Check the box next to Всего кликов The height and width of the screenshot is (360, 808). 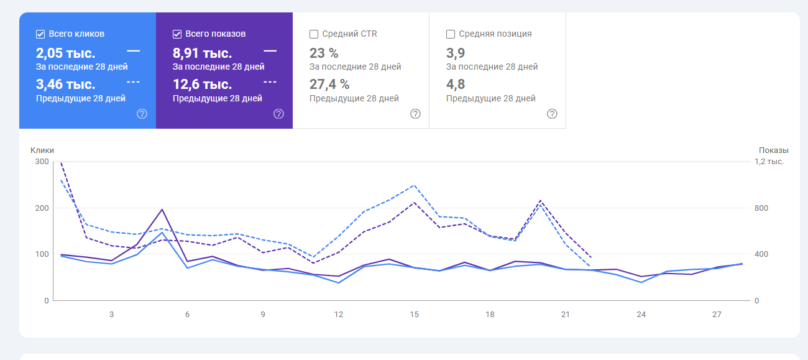tap(40, 34)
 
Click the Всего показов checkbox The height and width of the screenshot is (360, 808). tap(177, 34)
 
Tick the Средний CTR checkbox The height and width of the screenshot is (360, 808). tap(314, 34)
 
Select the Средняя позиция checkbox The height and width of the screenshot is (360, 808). tap(451, 34)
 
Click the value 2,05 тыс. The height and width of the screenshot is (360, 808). tap(65, 53)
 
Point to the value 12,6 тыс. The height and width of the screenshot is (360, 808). tap(202, 85)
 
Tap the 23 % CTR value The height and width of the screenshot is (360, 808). tap(323, 53)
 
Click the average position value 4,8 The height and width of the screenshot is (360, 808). tap(456, 85)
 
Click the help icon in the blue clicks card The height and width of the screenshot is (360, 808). tap(142, 114)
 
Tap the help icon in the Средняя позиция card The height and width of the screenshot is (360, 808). tap(552, 114)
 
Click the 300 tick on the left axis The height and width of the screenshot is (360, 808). tap(42, 162)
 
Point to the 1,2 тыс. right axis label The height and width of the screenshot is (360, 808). tap(769, 162)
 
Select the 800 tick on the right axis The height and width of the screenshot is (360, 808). tap(761, 208)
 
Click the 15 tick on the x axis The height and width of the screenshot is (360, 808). tap(414, 315)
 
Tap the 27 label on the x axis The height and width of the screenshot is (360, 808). tap(717, 315)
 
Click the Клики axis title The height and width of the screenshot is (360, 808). tap(42, 150)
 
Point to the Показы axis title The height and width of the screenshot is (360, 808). tap(773, 150)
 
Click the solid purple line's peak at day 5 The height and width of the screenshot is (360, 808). tap(162, 210)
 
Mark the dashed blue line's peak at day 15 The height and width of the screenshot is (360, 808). tap(414, 185)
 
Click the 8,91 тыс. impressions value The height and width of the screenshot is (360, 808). tap(202, 53)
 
